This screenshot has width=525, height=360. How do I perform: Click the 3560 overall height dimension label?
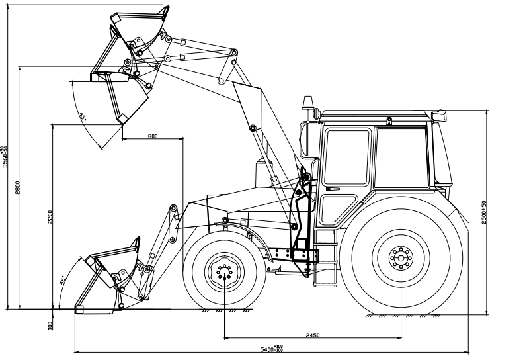coord(5,157)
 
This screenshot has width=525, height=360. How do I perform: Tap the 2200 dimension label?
coord(50,217)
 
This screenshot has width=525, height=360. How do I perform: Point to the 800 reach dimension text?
coord(153,136)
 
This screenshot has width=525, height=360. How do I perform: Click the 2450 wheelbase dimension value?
coord(313,336)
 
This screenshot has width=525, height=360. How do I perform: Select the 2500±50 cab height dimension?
coord(484,212)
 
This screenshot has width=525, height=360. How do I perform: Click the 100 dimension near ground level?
coord(50,324)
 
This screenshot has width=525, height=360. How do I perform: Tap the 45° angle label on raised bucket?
coord(83,117)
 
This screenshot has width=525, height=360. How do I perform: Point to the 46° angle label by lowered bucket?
coord(63,281)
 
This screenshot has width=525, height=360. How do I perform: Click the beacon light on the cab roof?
coord(308,102)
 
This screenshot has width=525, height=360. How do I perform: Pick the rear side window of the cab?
coord(401,159)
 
